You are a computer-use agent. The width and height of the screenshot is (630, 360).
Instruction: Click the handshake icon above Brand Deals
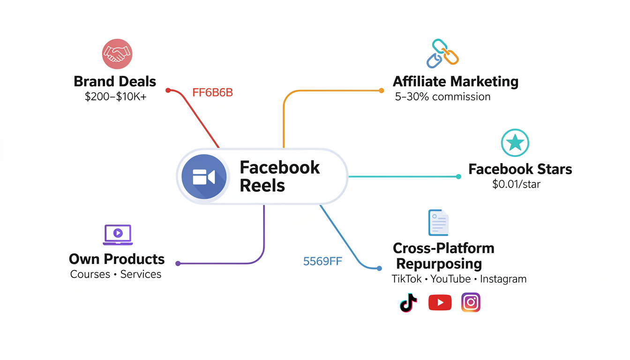[x=117, y=54]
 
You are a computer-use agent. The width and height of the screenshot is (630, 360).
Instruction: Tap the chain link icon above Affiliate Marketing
[x=442, y=53]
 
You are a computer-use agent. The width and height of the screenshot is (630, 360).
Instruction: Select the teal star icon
[x=515, y=142]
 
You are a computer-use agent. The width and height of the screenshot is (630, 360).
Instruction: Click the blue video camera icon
[x=204, y=177]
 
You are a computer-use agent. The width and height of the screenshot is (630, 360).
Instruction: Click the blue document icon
[x=439, y=223]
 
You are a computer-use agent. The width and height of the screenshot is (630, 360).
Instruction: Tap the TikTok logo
[x=408, y=303]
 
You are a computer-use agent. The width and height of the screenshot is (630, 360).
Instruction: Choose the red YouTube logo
[x=440, y=303]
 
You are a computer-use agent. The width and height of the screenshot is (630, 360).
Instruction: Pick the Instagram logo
[x=471, y=303]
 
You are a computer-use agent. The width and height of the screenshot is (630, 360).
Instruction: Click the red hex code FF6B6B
[x=212, y=93]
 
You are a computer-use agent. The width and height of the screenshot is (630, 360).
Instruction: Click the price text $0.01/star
[x=516, y=184]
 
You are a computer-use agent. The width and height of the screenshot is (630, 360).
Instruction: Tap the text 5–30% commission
[x=442, y=97]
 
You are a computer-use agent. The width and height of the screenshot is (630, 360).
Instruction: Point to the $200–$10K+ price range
[x=115, y=97]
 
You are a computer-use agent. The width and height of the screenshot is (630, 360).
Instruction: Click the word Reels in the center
[x=262, y=186]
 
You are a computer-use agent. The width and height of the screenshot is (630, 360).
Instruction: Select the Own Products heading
[x=117, y=259]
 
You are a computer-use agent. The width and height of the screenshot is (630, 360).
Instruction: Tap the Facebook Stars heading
[x=520, y=169]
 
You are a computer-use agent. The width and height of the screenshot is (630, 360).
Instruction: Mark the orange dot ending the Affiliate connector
[x=382, y=90]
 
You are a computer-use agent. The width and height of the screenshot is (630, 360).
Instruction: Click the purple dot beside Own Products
[x=178, y=264]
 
